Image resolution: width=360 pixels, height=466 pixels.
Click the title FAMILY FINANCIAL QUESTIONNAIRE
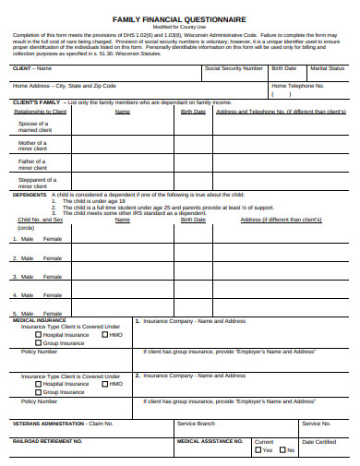[179, 18]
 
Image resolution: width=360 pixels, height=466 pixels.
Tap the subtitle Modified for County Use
[179, 28]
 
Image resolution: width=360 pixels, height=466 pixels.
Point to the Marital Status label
[329, 68]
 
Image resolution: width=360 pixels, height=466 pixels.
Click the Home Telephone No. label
[297, 85]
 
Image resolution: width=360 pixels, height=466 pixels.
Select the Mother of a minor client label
[33, 146]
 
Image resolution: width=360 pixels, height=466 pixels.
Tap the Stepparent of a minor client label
[37, 183]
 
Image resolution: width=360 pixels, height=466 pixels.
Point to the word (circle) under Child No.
[26, 227]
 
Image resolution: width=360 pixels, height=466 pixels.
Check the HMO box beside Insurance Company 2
[105, 384]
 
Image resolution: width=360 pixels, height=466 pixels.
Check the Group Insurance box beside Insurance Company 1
[38, 342]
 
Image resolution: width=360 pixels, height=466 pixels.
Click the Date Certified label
[319, 442]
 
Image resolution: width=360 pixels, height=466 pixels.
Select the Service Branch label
[196, 424]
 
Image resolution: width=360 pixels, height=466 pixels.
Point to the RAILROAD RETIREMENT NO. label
[48, 441]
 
